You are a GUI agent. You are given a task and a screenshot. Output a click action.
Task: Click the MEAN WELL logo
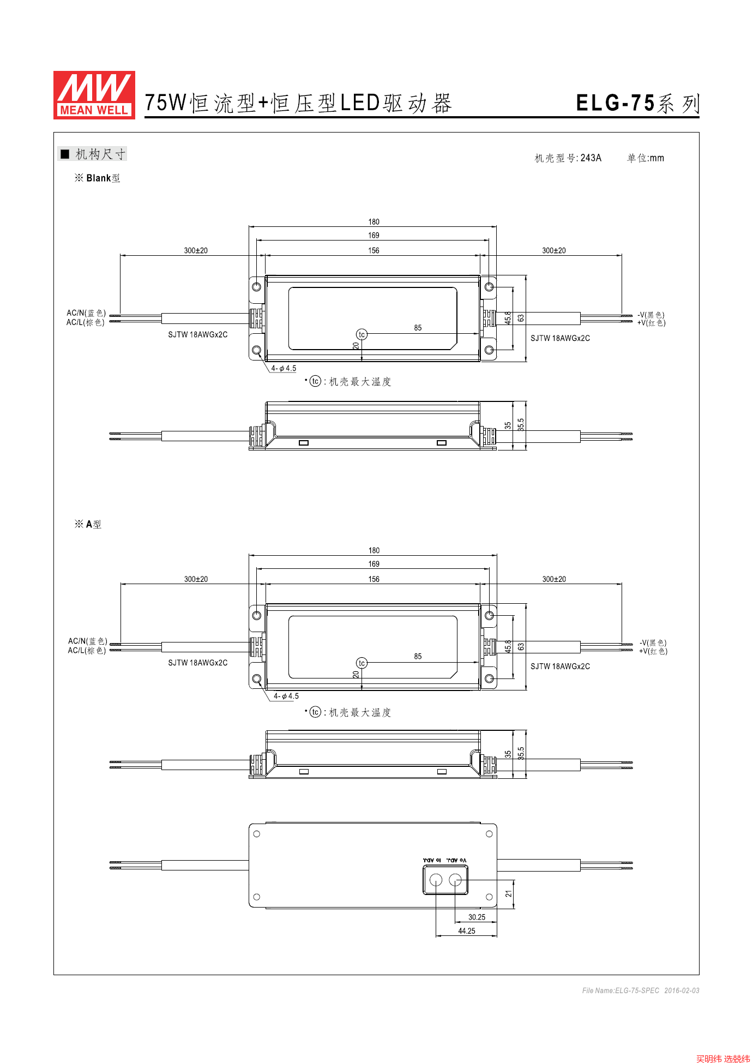94,95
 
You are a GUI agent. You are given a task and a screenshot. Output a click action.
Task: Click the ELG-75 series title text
637,103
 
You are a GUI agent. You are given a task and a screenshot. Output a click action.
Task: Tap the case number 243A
591,158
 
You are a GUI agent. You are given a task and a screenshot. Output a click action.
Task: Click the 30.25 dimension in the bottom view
477,917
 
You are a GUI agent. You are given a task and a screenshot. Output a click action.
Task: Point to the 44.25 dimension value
467,931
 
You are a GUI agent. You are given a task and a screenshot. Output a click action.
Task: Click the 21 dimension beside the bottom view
509,894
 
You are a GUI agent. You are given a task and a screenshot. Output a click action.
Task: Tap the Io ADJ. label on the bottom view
432,860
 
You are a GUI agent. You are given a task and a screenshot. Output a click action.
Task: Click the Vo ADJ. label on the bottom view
456,860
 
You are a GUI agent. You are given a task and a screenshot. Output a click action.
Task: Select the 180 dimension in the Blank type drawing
374,222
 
